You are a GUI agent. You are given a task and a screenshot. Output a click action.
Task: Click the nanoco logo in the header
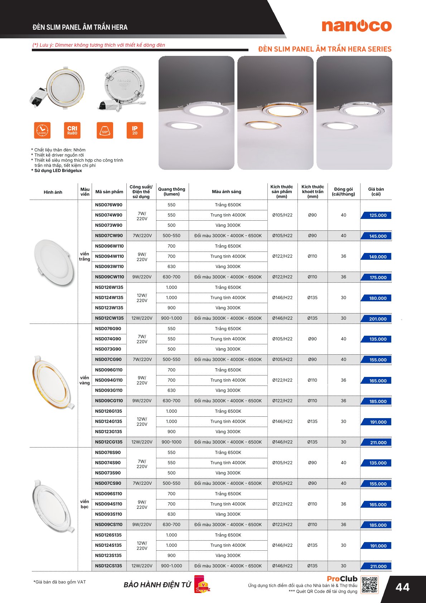point(357,26)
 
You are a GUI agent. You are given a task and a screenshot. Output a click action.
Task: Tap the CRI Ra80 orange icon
point(72,130)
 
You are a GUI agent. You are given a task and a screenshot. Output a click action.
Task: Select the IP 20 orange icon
point(135,130)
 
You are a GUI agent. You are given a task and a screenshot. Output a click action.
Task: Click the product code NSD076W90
point(108,205)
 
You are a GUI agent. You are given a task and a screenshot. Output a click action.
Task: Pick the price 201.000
point(378,319)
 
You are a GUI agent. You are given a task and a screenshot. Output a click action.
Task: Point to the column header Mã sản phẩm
point(109,192)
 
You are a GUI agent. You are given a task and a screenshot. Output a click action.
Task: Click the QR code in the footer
point(369,585)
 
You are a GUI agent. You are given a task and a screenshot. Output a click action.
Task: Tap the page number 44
point(403,587)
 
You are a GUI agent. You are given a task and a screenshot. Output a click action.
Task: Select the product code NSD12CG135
point(109,442)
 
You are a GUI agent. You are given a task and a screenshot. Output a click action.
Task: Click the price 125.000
point(378,215)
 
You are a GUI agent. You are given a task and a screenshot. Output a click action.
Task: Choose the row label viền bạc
point(84,504)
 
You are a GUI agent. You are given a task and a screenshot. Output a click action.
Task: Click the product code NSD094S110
point(108,504)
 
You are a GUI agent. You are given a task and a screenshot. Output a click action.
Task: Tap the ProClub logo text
point(342,579)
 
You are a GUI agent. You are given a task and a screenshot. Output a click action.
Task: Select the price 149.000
point(378,257)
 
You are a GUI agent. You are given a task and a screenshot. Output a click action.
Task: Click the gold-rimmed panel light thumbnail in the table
point(53,382)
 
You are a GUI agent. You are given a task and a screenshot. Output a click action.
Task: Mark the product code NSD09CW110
point(110,277)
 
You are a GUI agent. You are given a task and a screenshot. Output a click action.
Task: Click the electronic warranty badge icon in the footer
point(202,584)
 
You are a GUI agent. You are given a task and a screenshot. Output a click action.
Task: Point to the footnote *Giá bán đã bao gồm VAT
point(60,582)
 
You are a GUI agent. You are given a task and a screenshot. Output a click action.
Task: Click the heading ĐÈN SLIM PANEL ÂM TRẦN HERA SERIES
point(325,49)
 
